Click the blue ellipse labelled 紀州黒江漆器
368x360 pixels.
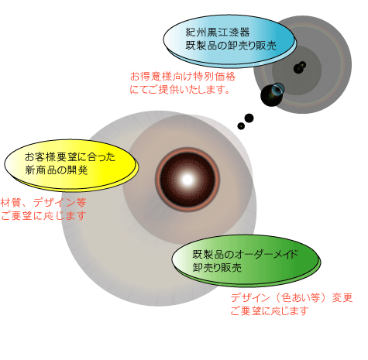pyautogui.click(x=229, y=40)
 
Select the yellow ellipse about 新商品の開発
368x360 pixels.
pyautogui.click(x=71, y=165)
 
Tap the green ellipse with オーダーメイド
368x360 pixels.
pyautogui.click(x=246, y=260)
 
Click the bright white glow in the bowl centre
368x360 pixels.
pyautogui.click(x=187, y=180)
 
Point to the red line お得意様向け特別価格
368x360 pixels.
pyautogui.click(x=183, y=77)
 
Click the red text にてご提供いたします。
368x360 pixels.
pyautogui.click(x=180, y=89)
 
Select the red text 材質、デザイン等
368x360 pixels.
pyautogui.click(x=43, y=202)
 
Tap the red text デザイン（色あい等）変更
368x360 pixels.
pyautogui.click(x=291, y=298)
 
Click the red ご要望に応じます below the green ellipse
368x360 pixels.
pyautogui.click(x=270, y=310)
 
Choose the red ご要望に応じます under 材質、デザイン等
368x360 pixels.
pyautogui.click(x=43, y=215)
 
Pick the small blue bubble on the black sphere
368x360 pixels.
pyautogui.click(x=277, y=88)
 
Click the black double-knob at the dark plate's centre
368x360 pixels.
pyautogui.click(x=300, y=67)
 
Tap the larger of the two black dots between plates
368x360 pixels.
pyautogui.click(x=249, y=118)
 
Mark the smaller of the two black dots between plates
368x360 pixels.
pyautogui.click(x=241, y=126)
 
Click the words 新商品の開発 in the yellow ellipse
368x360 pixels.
pyautogui.click(x=57, y=170)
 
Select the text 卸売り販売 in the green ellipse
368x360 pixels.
pyautogui.click(x=217, y=267)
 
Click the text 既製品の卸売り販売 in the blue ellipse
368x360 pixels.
pyautogui.click(x=231, y=45)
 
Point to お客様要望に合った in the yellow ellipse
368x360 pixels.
pyautogui.click(x=70, y=157)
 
